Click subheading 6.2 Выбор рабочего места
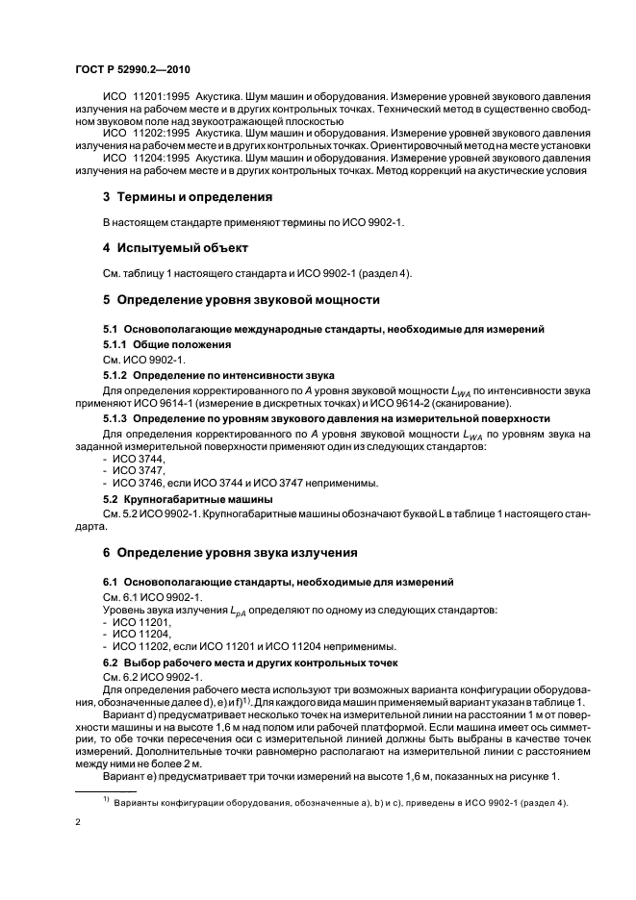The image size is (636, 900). click(x=224, y=664)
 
